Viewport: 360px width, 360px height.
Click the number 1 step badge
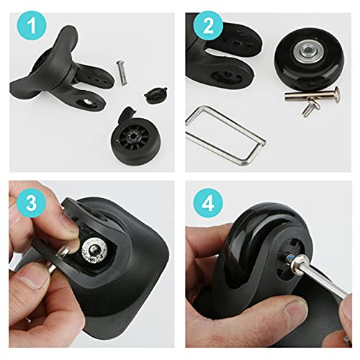(x=32, y=26)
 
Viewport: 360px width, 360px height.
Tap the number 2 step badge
(x=208, y=26)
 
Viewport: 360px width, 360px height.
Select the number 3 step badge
(x=31, y=203)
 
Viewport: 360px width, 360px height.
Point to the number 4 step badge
(x=208, y=204)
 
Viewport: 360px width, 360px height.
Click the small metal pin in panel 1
(x=122, y=73)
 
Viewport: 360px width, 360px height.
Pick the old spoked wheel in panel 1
(x=132, y=139)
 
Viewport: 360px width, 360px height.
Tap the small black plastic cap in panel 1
(x=156, y=95)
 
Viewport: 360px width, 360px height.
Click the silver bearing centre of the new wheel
(x=307, y=50)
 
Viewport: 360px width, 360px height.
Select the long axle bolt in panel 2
(x=312, y=96)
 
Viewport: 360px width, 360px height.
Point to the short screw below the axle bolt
(x=310, y=109)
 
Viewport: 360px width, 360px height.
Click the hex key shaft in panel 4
(x=323, y=279)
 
